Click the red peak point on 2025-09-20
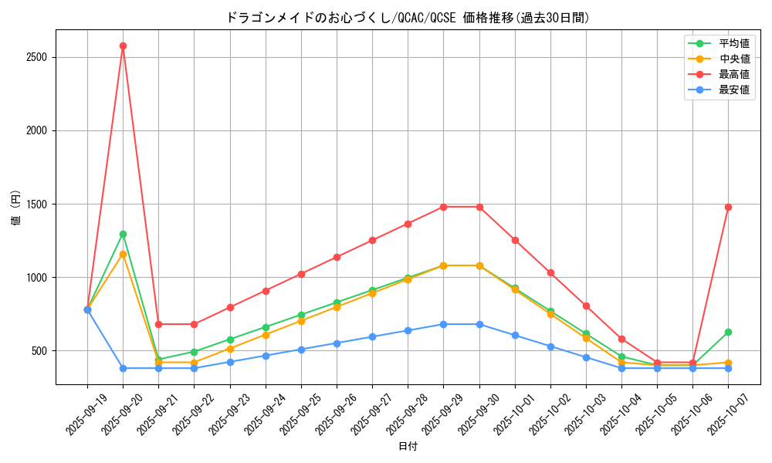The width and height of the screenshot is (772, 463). point(123,46)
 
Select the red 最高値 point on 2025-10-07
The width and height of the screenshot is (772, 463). point(728,207)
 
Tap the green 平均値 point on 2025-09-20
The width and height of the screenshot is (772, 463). point(123,234)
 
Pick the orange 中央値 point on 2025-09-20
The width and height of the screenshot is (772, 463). point(123,254)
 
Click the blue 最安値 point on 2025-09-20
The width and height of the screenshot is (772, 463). point(123,368)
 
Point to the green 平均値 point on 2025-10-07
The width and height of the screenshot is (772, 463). point(728,332)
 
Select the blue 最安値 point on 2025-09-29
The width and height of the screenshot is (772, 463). point(443,324)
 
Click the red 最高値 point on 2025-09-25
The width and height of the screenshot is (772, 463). point(301,274)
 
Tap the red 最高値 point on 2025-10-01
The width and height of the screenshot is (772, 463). point(515,240)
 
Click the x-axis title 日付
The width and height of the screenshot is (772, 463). point(408,447)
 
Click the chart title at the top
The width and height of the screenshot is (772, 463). point(408,18)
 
